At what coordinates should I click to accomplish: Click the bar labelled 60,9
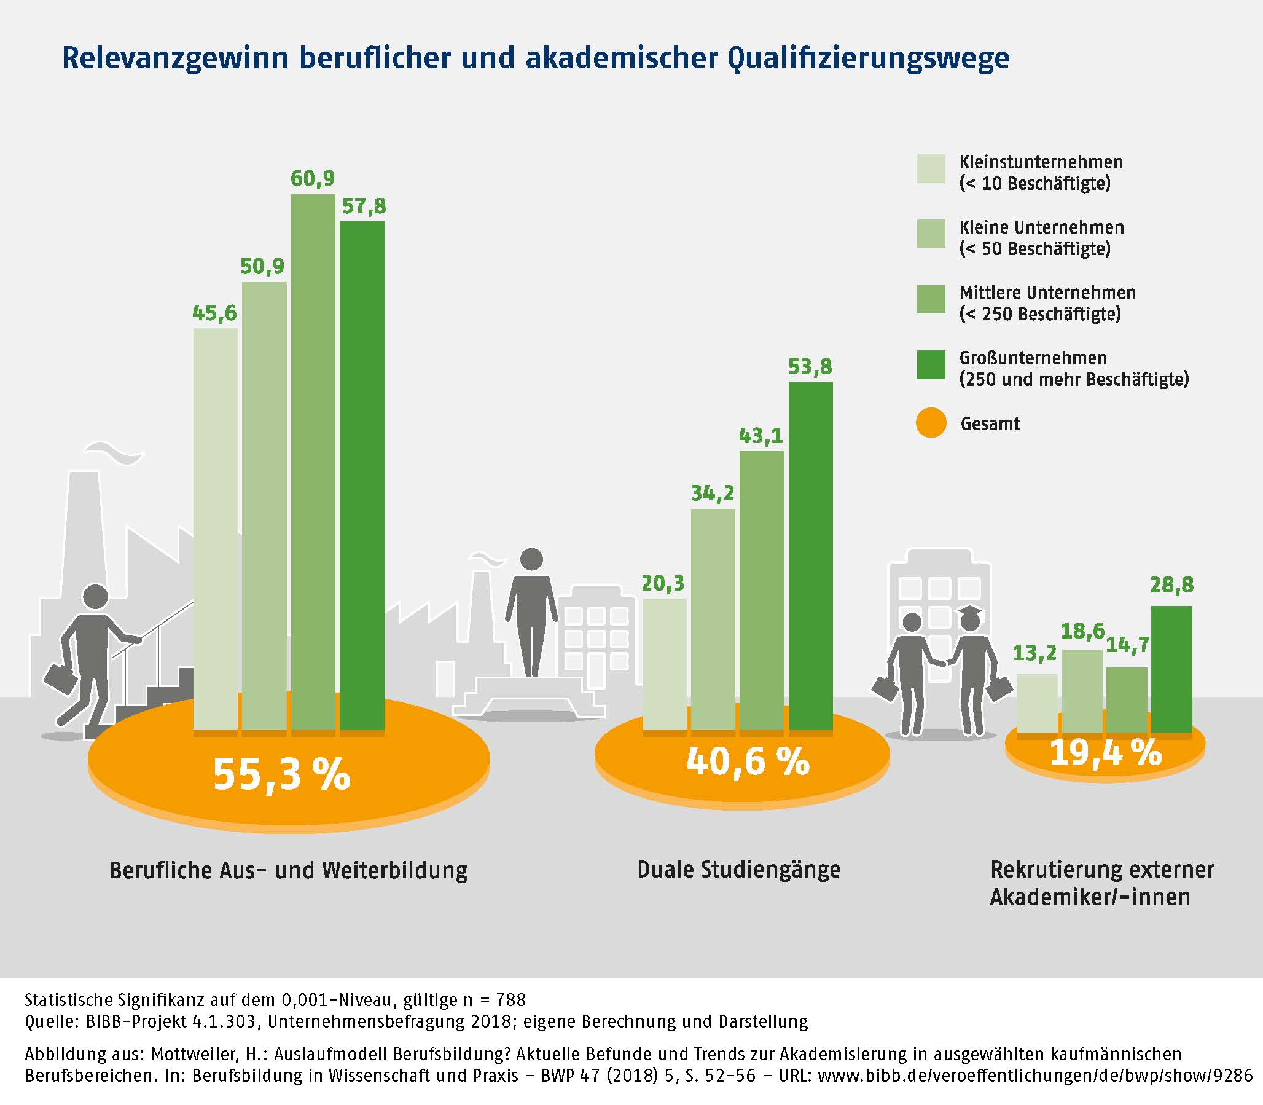click(x=313, y=463)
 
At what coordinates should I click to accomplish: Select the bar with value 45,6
click(x=215, y=530)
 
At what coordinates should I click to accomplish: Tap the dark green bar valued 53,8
click(x=810, y=555)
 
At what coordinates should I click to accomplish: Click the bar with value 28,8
click(x=1171, y=669)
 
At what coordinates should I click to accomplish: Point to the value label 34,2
click(x=713, y=494)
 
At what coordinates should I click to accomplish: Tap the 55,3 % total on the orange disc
click(x=282, y=774)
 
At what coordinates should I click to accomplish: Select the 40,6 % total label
click(x=748, y=762)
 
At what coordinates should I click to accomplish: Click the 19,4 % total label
click(x=1105, y=752)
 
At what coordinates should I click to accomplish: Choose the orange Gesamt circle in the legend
click(x=931, y=423)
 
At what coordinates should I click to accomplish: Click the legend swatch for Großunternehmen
click(x=931, y=364)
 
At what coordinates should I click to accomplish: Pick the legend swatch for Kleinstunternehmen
click(x=931, y=168)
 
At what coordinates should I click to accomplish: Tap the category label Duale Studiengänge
click(x=738, y=870)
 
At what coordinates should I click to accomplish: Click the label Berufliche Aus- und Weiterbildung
click(x=289, y=870)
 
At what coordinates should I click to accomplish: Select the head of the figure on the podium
click(x=531, y=559)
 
